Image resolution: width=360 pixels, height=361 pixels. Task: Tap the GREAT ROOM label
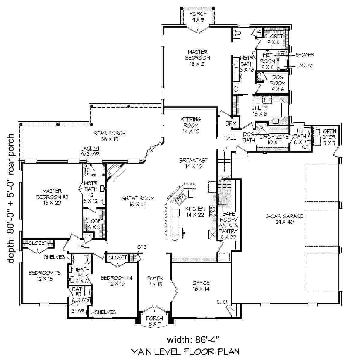[138, 201]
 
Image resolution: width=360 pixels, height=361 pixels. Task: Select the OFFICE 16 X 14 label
[201, 286]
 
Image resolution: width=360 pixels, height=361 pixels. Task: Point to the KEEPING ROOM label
[190, 125]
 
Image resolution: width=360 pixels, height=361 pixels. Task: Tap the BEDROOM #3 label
[45, 276]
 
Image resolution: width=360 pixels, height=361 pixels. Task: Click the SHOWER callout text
[305, 55]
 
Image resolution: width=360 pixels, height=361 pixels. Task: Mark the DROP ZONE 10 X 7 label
[274, 140]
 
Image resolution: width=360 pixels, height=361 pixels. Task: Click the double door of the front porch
[155, 308]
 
